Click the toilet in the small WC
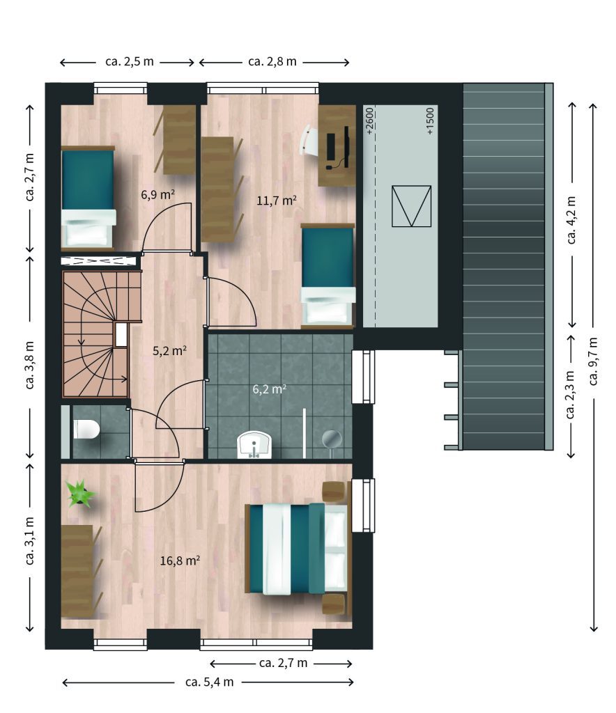click(x=86, y=429)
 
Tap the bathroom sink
click(x=254, y=445)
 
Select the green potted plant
click(x=81, y=494)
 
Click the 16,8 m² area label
click(x=180, y=561)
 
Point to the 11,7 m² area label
click(x=277, y=200)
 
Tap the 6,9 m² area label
click(x=158, y=195)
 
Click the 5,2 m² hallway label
click(x=169, y=351)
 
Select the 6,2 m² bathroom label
click(x=270, y=389)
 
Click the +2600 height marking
click(x=369, y=120)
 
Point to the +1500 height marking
click(x=430, y=121)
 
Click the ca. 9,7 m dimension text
click(x=593, y=361)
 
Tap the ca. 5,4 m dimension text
click(x=209, y=682)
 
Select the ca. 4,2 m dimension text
click(x=572, y=220)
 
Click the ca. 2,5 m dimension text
click(x=130, y=61)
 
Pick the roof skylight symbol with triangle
click(x=411, y=206)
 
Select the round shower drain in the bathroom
click(x=332, y=439)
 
